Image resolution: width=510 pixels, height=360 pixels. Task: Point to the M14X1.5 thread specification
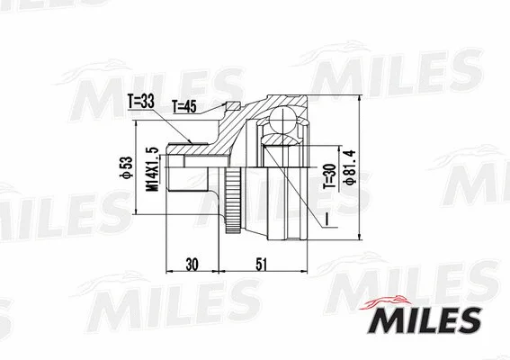153,168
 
